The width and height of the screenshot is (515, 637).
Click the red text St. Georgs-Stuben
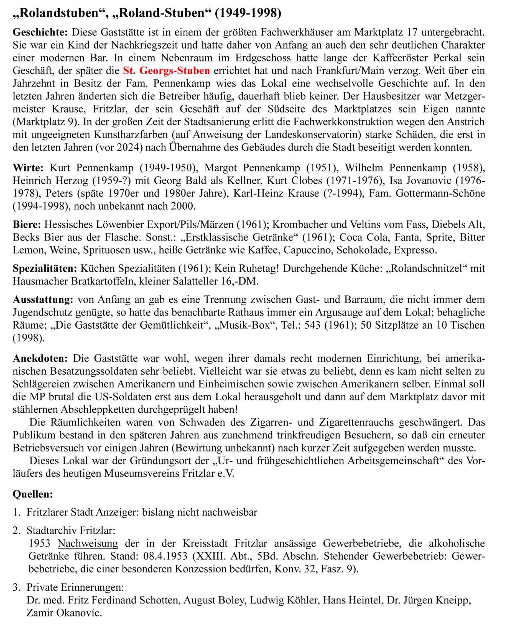coord(166,71)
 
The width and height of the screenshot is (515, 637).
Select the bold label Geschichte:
coord(40,32)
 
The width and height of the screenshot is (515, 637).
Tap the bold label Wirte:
coord(28,168)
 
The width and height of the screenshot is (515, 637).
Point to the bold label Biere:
coord(27,225)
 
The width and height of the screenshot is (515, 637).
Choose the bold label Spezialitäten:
coord(45,269)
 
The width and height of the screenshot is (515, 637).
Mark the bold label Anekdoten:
coord(40,358)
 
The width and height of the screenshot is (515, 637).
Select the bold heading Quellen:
coord(33,494)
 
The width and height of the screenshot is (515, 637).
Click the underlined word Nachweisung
coord(87,544)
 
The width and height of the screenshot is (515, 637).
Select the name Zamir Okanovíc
coord(64,613)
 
